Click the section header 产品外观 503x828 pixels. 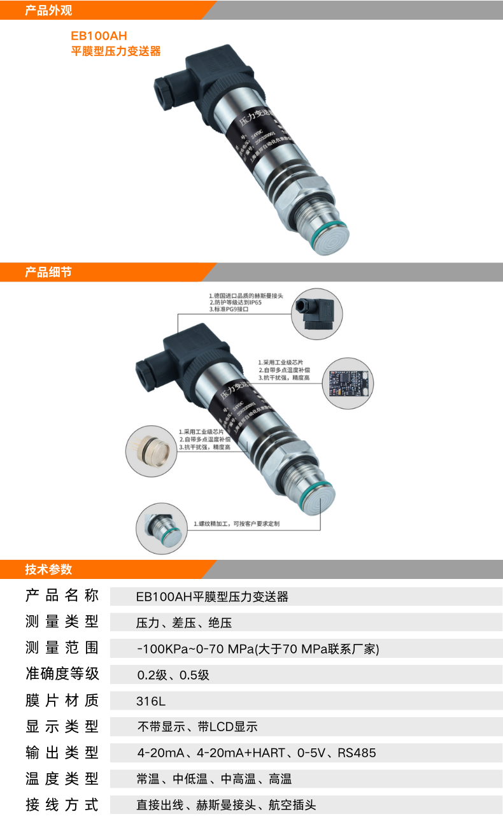tap(48, 10)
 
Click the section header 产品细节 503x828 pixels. tap(48, 272)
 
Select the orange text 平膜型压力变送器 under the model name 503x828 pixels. tap(115, 52)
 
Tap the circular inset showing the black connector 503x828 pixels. tap(316, 314)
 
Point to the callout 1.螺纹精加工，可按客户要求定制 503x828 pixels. tap(237, 524)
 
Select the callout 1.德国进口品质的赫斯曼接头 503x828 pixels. tap(250, 296)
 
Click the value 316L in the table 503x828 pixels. tap(151, 701)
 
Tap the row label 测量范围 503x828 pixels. tap(62, 648)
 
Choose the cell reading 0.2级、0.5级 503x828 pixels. tap(173, 675)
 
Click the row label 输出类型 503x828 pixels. tap(62, 753)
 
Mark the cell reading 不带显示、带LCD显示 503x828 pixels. tap(197, 727)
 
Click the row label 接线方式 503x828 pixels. tap(62, 805)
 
